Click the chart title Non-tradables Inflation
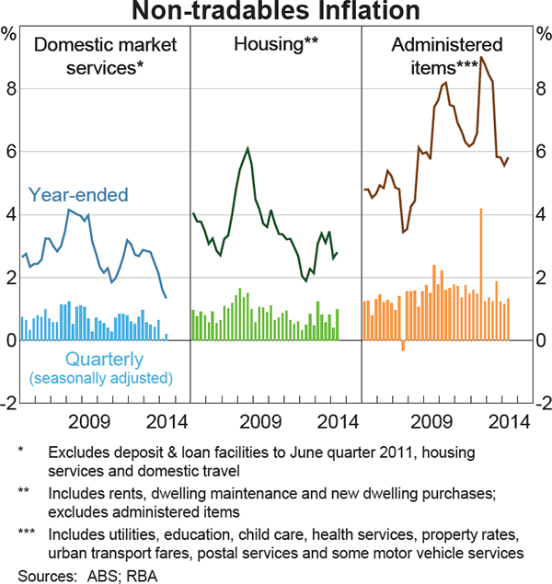(x=276, y=12)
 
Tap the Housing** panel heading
(x=275, y=44)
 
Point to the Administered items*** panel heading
(x=447, y=55)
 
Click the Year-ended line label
(x=78, y=195)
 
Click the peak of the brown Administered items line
(x=482, y=58)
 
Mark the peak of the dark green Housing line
(x=247, y=148)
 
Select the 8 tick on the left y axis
(x=10, y=89)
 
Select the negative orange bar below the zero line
(x=403, y=345)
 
